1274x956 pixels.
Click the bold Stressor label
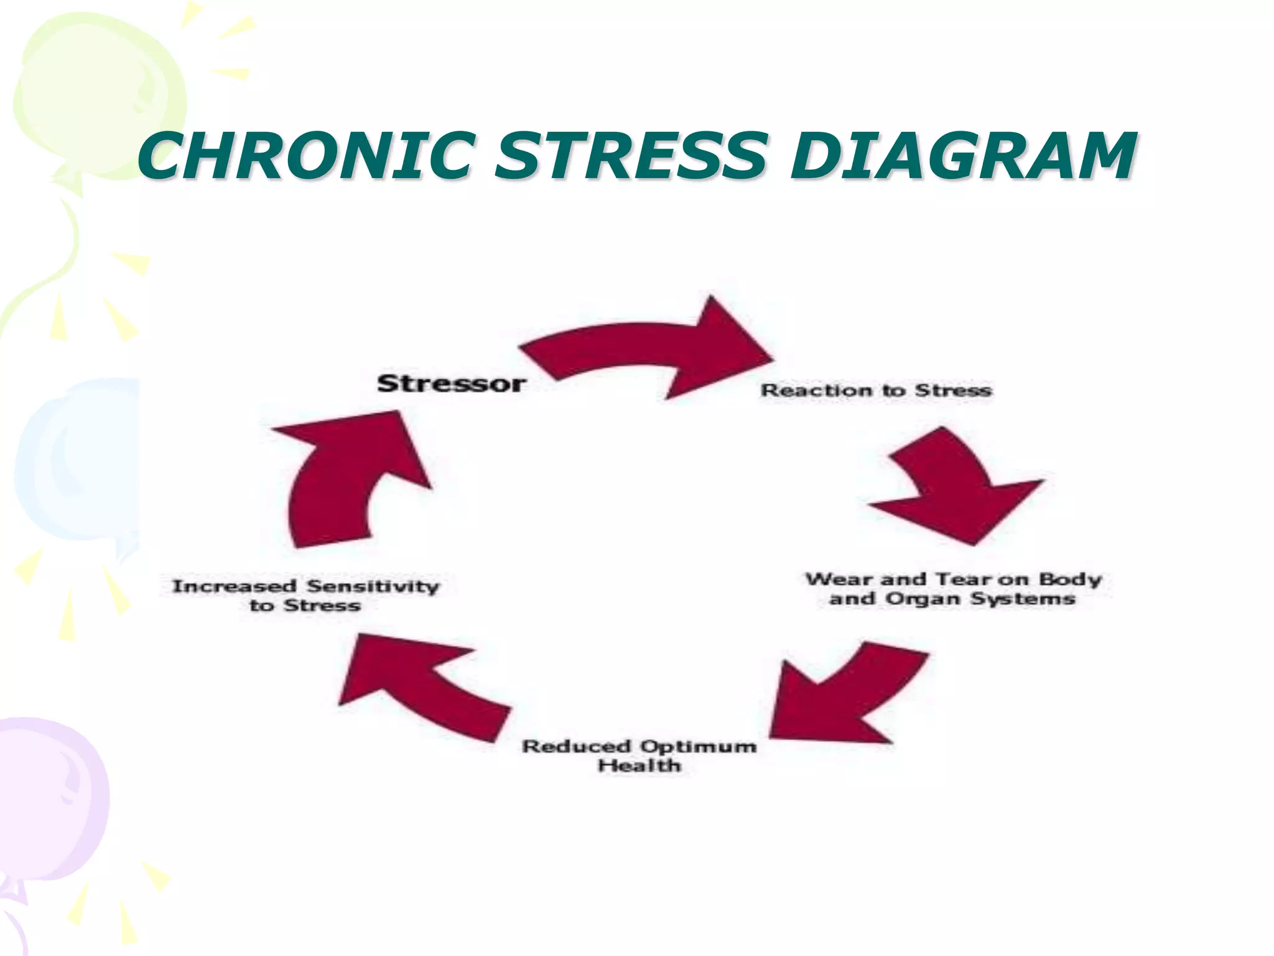tap(452, 383)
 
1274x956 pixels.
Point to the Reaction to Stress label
tap(876, 391)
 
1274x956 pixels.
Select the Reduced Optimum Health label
tap(639, 755)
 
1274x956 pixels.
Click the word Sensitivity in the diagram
tap(373, 586)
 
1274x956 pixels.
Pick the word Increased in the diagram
tap(234, 586)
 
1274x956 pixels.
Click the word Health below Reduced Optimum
tap(639, 766)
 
